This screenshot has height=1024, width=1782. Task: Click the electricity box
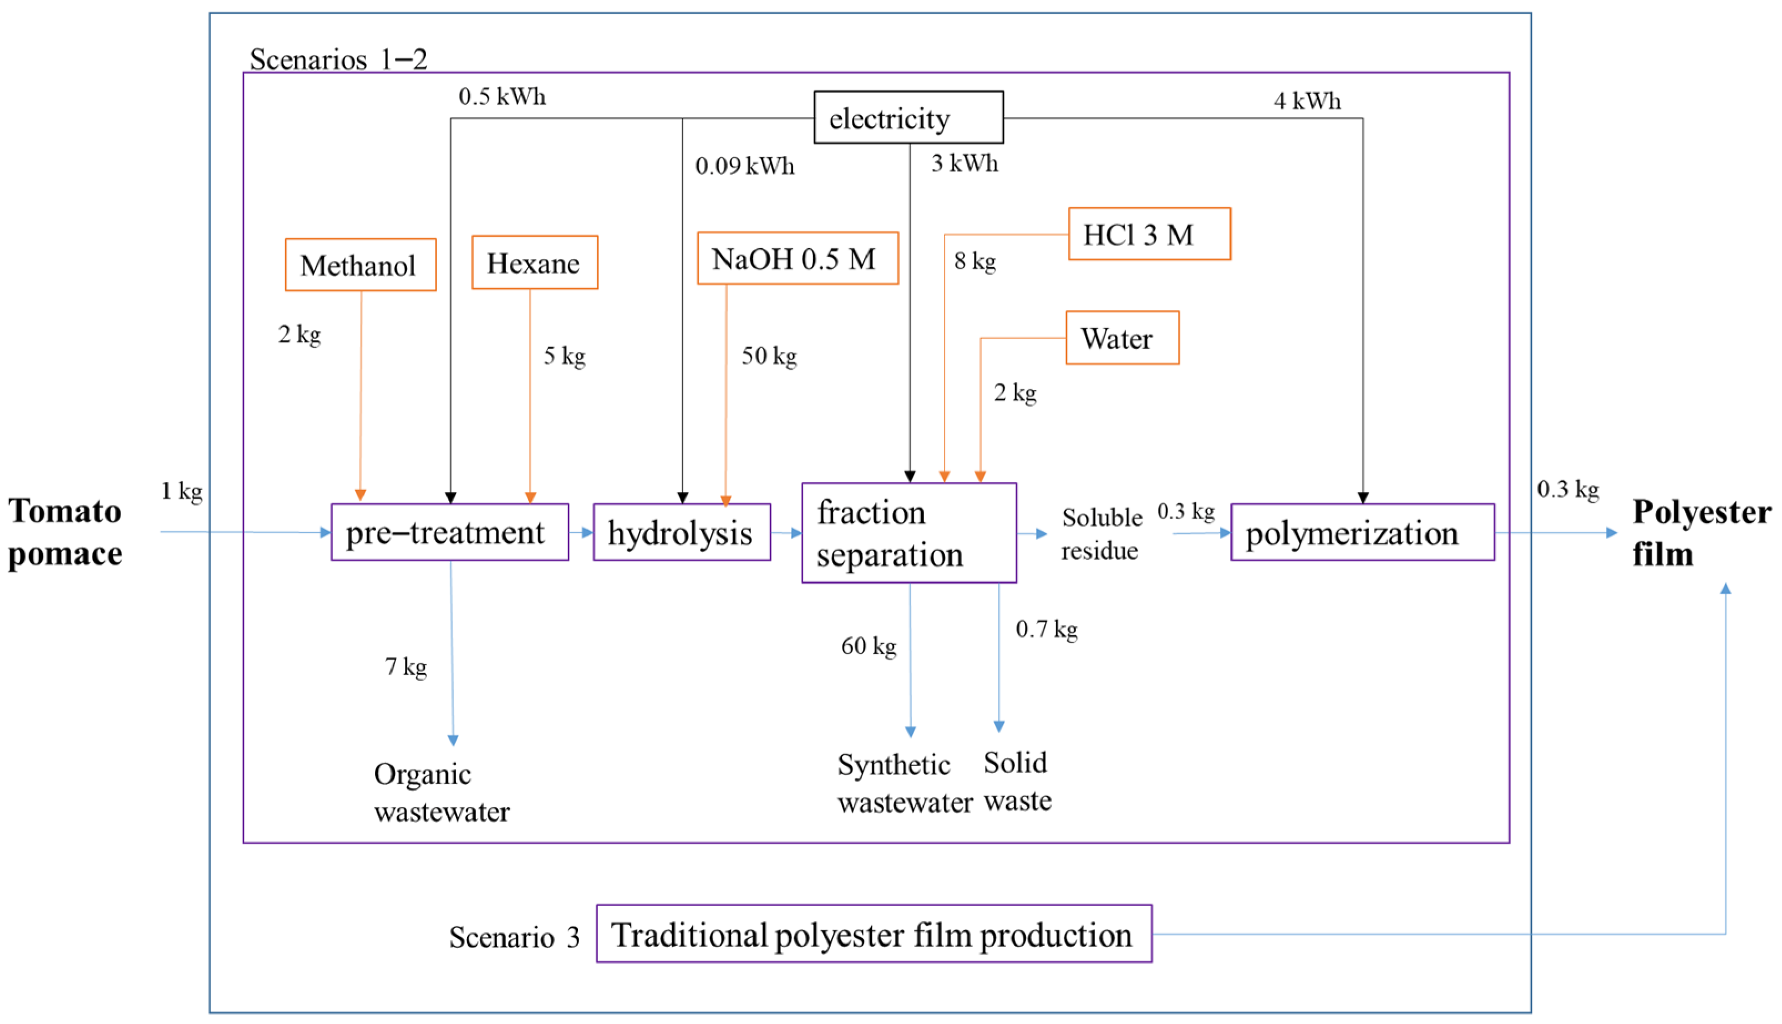tap(908, 118)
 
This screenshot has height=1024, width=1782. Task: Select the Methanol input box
tap(360, 265)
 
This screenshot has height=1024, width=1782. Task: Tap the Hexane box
tap(534, 262)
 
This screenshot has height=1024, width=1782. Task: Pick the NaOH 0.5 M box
tap(797, 258)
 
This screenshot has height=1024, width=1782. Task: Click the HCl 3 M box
tap(1149, 234)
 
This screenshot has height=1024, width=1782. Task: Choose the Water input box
tap(1121, 338)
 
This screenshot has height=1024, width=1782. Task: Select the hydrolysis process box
tap(681, 532)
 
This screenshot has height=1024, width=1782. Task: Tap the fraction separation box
tap(908, 533)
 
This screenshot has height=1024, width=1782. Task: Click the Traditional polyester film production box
tap(873, 934)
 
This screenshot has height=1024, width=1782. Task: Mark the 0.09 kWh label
tap(744, 166)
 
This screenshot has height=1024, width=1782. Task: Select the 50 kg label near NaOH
tap(769, 356)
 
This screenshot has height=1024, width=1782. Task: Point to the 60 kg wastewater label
tap(868, 646)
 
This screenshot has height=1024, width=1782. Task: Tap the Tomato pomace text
tap(65, 532)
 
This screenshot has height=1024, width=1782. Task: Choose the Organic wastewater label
tap(441, 793)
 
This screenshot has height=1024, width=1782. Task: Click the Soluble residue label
tap(1101, 534)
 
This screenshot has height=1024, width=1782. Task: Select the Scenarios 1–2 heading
tap(338, 60)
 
